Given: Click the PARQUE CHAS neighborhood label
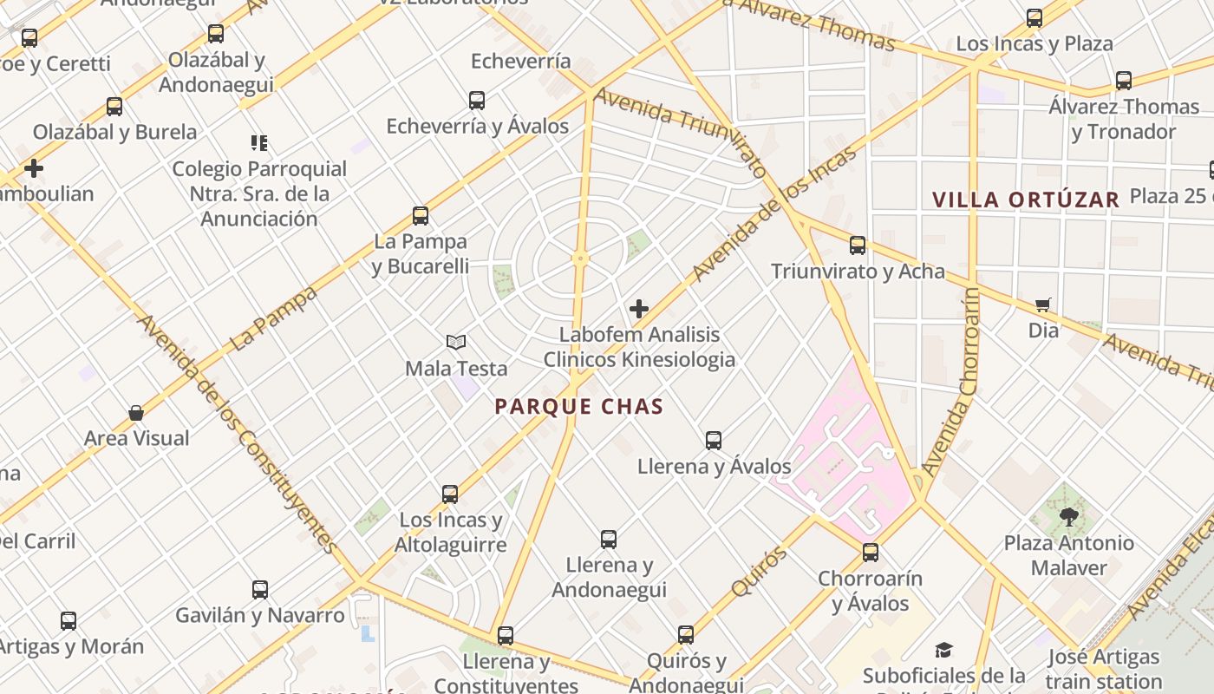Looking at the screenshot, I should point(579,406).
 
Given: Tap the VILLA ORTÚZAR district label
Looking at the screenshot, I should point(1026,200).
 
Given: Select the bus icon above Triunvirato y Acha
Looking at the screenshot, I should point(858,246).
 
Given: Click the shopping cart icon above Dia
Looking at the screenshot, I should point(1043,304).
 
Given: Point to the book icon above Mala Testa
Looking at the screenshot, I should point(456,343).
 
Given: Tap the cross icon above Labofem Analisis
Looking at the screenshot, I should point(639,308).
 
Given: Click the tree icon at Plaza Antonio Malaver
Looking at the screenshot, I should point(1069,517).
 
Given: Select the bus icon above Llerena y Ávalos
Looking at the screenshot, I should point(714,441).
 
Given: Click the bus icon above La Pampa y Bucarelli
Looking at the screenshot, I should point(421,216).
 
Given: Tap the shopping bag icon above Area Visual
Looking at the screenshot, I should point(136,413).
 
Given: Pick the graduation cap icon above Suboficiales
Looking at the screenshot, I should point(943,651).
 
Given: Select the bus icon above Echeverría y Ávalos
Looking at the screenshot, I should point(477,101).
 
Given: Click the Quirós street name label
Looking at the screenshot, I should point(759,571).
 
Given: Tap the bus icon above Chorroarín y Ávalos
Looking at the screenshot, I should point(871,553).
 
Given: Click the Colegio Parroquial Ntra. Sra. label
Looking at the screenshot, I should point(259,193).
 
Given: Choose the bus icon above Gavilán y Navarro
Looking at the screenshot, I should point(260,590).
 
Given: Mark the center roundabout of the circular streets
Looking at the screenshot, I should point(580,258).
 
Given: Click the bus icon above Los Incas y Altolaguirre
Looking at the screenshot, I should point(450,494).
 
